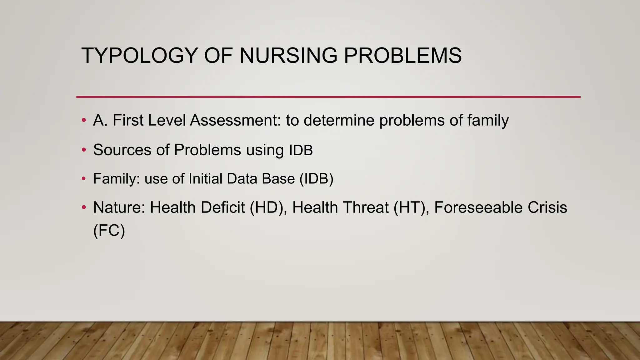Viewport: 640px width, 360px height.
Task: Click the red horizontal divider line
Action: (328, 97)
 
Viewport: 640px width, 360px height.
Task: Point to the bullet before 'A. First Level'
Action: (83, 120)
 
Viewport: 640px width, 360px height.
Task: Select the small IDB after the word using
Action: (301, 150)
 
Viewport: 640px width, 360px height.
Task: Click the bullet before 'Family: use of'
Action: (83, 179)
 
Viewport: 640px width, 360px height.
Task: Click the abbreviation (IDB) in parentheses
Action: (316, 179)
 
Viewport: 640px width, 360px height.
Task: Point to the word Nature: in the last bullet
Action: (119, 207)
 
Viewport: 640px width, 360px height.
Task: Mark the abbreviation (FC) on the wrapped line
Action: (109, 231)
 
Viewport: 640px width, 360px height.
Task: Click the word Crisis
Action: (547, 207)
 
